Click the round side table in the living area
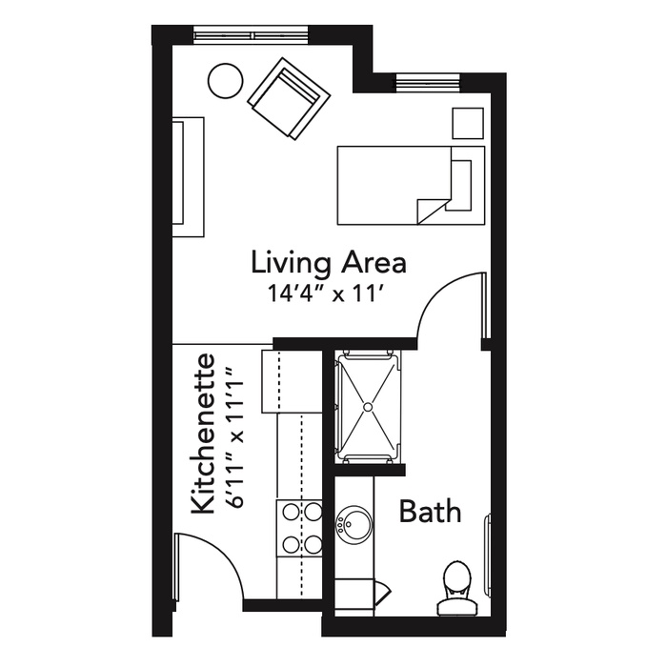tap(226, 81)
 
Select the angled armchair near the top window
tap(290, 99)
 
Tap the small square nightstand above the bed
tap(468, 123)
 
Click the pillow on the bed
tap(461, 185)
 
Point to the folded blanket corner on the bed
tap(432, 209)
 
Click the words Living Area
tap(329, 262)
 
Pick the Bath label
tap(430, 512)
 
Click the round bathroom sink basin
tap(354, 524)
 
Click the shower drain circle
tap(368, 407)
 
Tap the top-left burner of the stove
tap(291, 512)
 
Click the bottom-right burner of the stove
tap(313, 544)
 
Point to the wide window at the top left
tap(251, 34)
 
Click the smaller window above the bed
tap(428, 82)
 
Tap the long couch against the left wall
tap(188, 177)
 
